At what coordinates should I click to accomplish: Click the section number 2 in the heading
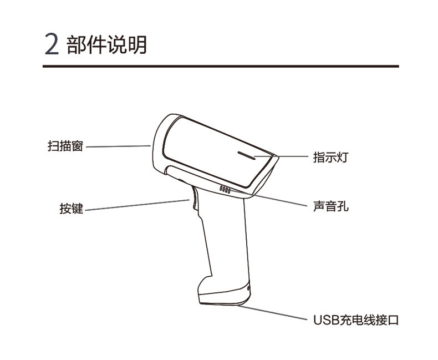click(51, 44)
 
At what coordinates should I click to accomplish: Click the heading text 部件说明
click(107, 44)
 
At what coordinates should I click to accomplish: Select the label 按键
click(72, 209)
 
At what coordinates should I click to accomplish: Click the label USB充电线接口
click(355, 320)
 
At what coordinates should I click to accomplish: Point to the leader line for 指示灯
click(294, 157)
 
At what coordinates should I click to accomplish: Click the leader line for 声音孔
click(277, 200)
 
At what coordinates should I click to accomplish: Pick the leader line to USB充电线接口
click(277, 313)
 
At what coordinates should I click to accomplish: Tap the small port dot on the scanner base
click(248, 288)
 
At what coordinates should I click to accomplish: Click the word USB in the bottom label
click(324, 320)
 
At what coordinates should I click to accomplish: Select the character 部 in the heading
click(77, 44)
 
